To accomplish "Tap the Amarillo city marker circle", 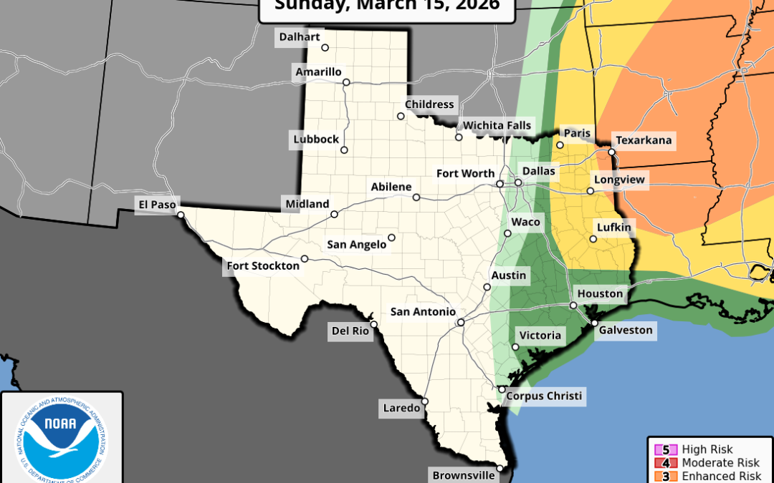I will [x=346, y=82].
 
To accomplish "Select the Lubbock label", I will [x=315, y=139].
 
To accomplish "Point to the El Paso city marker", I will [x=181, y=214].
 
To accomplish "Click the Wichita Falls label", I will [x=497, y=126].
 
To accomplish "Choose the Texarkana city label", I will [x=643, y=140].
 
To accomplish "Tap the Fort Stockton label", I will [x=263, y=266].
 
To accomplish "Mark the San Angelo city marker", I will [x=391, y=238].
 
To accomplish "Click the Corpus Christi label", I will [x=544, y=396].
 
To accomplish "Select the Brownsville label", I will [x=462, y=474].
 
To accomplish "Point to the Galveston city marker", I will [x=594, y=323].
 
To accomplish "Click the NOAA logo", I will [x=62, y=436].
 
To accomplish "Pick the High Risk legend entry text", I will [x=707, y=449].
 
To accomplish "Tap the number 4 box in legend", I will [x=665, y=463].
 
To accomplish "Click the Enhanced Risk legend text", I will [x=717, y=476].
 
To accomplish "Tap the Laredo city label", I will [x=401, y=409].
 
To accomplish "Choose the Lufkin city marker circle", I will [x=593, y=239].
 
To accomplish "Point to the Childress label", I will [x=429, y=104].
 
